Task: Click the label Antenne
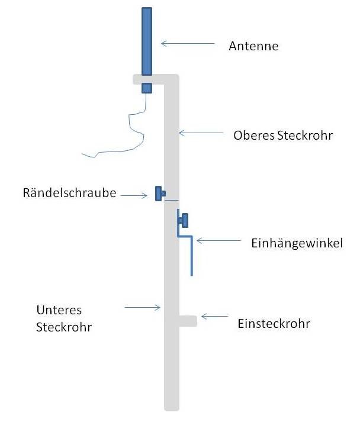click(x=253, y=46)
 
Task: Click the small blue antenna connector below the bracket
click(x=147, y=88)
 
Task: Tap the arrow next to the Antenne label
click(x=187, y=43)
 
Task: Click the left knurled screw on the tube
click(x=159, y=193)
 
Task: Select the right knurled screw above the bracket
click(x=184, y=220)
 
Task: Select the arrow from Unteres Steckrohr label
click(x=142, y=307)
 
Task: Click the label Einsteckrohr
click(x=274, y=324)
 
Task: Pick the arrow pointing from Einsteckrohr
click(x=214, y=317)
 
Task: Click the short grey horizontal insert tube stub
click(x=187, y=321)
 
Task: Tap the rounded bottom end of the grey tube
click(x=172, y=404)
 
